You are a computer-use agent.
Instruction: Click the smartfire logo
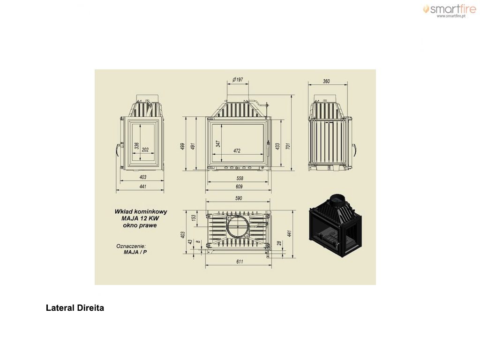click(450, 11)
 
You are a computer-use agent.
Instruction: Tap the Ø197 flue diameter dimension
click(238, 80)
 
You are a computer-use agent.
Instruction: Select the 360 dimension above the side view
click(326, 81)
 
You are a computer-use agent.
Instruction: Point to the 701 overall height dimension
click(288, 146)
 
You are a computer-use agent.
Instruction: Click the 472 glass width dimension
click(237, 150)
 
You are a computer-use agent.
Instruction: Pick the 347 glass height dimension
click(218, 144)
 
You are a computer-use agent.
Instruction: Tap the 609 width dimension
click(239, 187)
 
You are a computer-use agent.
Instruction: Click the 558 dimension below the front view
click(240, 178)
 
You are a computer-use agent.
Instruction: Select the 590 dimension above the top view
click(239, 198)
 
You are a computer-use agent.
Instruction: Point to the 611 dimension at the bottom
click(240, 262)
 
